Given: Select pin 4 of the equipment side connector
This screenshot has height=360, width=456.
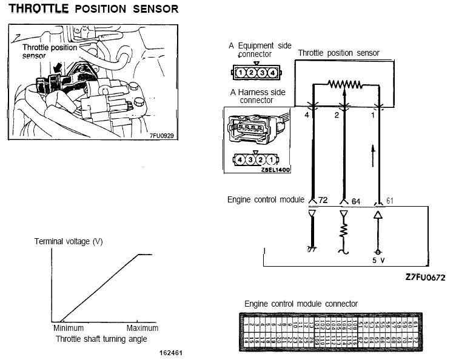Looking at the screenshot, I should point(273,73).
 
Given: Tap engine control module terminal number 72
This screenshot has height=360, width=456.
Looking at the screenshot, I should point(323,200).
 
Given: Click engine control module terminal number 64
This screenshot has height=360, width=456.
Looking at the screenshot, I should point(355,200).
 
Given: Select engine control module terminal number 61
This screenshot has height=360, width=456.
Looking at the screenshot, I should point(390,200).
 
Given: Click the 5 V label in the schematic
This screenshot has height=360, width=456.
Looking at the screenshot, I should point(378,261).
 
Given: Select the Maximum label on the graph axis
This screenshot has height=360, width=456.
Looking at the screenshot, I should point(143,328).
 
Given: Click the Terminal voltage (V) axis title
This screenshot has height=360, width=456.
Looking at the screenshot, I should point(69,241).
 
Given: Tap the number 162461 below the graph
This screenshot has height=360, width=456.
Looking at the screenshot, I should point(171,352).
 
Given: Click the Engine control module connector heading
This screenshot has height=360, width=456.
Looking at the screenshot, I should point(301,303).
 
